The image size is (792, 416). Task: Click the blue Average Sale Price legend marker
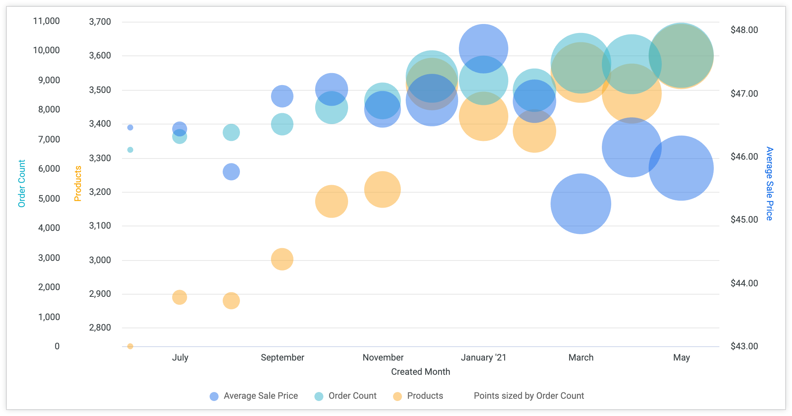click(x=214, y=397)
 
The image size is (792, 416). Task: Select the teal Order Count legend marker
click(x=319, y=397)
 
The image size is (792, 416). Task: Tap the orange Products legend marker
click(x=397, y=397)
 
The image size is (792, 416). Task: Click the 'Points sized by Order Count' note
click(x=528, y=396)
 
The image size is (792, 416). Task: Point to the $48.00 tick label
click(x=744, y=30)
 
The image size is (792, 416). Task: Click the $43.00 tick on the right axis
click(x=744, y=346)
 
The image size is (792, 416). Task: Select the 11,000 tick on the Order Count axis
click(x=46, y=21)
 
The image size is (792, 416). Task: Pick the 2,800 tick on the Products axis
click(x=100, y=328)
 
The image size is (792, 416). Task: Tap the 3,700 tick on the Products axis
click(x=100, y=22)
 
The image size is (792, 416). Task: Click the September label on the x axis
click(x=282, y=358)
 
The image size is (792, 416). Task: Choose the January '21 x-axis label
click(x=483, y=358)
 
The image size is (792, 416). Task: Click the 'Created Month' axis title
click(x=420, y=372)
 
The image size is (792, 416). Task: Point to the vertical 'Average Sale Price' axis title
click(x=769, y=184)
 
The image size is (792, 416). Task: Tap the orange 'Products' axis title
click(x=78, y=184)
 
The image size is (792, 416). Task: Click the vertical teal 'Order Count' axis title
click(x=22, y=184)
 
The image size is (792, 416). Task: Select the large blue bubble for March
click(x=581, y=204)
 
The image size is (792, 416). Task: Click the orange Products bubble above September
click(x=282, y=259)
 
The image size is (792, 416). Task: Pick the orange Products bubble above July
click(x=180, y=297)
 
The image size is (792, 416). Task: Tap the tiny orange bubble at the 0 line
click(x=130, y=346)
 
